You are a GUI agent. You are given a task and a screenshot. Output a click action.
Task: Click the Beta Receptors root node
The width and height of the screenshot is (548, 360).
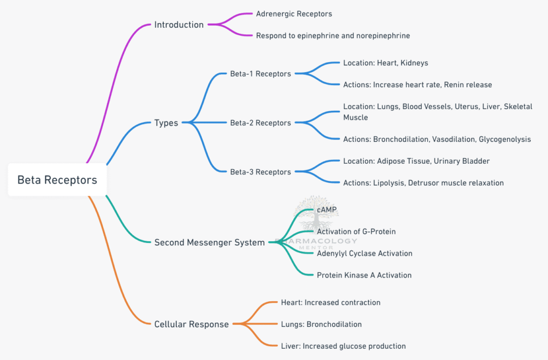click(57, 180)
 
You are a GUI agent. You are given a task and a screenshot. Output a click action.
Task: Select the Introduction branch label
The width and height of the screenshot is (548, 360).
click(179, 25)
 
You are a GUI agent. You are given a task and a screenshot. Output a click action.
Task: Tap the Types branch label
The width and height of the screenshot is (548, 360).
click(166, 123)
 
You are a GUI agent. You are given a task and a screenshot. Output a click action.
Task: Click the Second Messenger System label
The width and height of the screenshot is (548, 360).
click(209, 242)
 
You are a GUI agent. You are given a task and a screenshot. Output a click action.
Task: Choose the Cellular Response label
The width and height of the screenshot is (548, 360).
click(191, 324)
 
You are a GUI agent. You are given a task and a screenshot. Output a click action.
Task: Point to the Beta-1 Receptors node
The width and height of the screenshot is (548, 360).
click(260, 74)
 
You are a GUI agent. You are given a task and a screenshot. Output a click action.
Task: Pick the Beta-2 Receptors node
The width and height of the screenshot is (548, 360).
click(260, 123)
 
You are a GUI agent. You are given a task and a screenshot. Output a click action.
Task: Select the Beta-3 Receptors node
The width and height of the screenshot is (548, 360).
click(260, 172)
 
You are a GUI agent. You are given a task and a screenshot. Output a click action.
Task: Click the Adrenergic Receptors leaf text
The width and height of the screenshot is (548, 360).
click(294, 13)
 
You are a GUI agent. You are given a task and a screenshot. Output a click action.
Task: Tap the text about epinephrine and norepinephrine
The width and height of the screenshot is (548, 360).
click(333, 35)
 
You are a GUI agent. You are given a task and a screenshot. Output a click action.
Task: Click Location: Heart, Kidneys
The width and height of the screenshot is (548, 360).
click(385, 63)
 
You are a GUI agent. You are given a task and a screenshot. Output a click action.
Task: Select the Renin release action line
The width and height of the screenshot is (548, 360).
click(417, 85)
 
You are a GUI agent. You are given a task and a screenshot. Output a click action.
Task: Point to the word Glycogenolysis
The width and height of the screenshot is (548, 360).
click(504, 139)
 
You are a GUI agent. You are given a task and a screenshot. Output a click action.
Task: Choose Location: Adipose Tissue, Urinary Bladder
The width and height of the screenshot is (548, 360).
click(416, 161)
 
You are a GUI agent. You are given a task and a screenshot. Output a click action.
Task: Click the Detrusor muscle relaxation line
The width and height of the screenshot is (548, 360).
click(423, 183)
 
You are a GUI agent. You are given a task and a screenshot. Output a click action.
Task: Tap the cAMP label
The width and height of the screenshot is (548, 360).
click(326, 210)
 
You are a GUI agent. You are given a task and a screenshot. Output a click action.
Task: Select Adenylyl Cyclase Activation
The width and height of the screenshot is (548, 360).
click(364, 253)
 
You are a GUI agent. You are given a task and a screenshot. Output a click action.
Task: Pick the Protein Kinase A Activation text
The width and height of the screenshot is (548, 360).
click(364, 275)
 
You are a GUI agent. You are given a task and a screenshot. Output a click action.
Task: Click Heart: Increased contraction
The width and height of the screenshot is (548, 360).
click(330, 302)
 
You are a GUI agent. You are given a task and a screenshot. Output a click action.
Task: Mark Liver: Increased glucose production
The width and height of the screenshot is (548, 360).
click(343, 346)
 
